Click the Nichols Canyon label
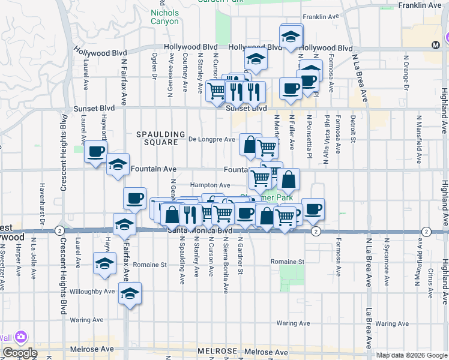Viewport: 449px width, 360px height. (164, 17)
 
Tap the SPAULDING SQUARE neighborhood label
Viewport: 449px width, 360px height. (157, 138)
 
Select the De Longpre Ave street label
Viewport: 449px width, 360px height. (212, 139)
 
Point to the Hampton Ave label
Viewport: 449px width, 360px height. (210, 185)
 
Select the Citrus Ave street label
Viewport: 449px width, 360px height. (431, 280)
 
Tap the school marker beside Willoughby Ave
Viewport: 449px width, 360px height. (129, 293)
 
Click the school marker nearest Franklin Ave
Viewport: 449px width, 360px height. (291, 35)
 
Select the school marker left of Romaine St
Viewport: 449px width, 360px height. (105, 263)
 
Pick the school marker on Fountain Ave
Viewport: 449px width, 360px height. (118, 164)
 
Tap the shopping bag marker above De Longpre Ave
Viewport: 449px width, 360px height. (250, 144)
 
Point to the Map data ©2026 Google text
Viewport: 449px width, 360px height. (412, 355)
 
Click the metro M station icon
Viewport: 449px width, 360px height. (436, 44)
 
